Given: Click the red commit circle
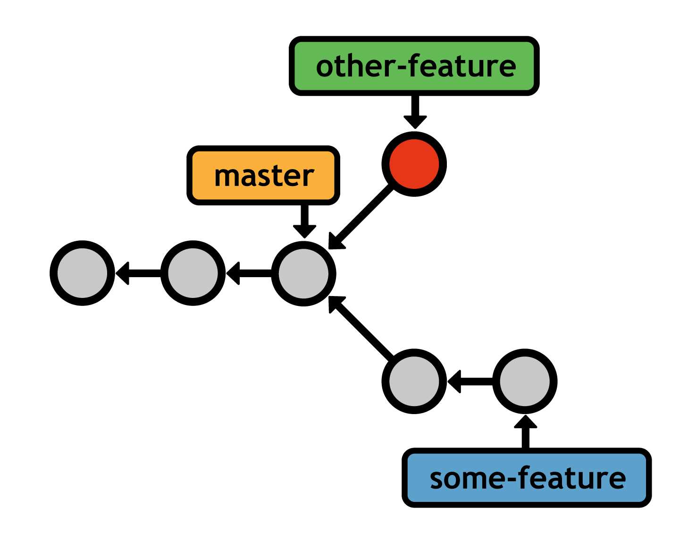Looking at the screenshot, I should pyautogui.click(x=414, y=164).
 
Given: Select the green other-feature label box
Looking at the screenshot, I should pyautogui.click(x=414, y=66).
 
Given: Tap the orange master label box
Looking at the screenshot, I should pyautogui.click(x=263, y=176).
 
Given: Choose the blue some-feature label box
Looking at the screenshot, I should pyautogui.click(x=527, y=478).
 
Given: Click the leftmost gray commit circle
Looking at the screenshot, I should pyautogui.click(x=83, y=273).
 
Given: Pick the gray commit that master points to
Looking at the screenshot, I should pyautogui.click(x=303, y=273).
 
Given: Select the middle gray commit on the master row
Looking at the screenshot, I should pyautogui.click(x=193, y=273).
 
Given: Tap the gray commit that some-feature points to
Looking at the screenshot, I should pyautogui.click(x=525, y=381).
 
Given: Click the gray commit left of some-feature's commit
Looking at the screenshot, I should pyautogui.click(x=414, y=381).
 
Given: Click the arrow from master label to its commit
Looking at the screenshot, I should pyautogui.click(x=304, y=220).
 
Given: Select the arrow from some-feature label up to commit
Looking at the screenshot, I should pyautogui.click(x=525, y=432).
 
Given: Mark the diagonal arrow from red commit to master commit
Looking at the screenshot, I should pyautogui.click(x=361, y=217).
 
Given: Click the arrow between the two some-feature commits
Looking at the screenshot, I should pyautogui.click(x=470, y=381).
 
